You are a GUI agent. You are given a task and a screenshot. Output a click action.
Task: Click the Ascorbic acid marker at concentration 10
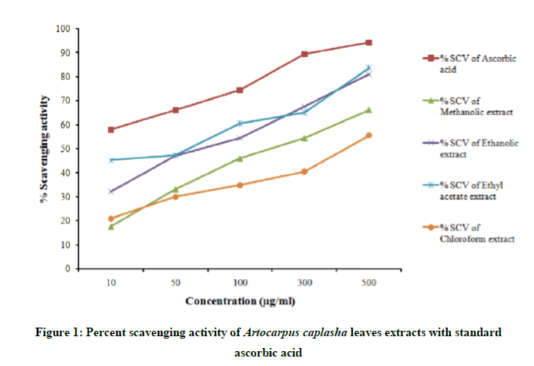pos(111,129)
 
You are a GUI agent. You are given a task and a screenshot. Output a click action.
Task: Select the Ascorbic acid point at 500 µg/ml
pos(369,42)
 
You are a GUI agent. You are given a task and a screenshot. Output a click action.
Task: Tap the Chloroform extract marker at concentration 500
pos(369,136)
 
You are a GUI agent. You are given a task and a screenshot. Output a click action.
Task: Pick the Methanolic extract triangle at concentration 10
pos(111,226)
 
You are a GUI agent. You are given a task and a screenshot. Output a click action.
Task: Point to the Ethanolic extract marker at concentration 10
pos(111,191)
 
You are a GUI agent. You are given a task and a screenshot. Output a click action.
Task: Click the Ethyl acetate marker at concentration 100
pos(240,123)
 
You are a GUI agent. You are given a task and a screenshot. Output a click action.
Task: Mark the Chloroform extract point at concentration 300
pos(304,172)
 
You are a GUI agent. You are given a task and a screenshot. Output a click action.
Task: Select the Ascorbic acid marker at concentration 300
pos(304,54)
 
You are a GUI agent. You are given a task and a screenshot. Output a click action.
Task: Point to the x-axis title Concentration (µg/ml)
pos(240,301)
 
